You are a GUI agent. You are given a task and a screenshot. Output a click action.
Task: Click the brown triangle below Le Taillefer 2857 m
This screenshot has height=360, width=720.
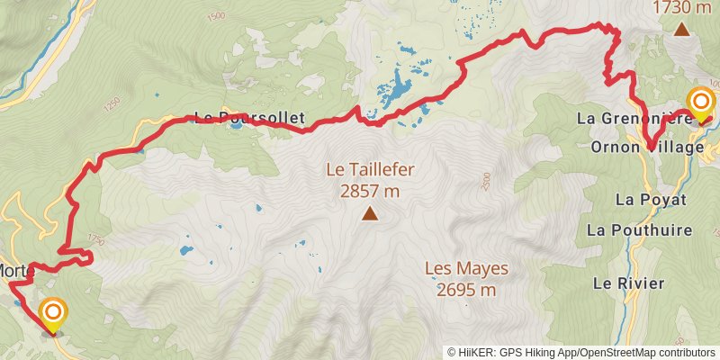coord(369,213)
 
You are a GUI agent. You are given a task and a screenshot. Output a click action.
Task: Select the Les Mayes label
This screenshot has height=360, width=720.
coord(466,268)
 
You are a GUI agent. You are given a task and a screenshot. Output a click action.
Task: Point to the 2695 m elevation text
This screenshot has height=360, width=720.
coord(466,290)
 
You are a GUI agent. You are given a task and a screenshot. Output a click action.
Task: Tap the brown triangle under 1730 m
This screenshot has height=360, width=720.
coord(682,29)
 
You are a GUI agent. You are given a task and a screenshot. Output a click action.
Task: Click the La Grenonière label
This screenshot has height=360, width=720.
coord(633,118)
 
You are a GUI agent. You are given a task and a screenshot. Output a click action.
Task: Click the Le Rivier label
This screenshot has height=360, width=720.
coord(628,283)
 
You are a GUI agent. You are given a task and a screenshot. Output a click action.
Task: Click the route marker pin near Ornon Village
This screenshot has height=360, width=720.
coord(699,103)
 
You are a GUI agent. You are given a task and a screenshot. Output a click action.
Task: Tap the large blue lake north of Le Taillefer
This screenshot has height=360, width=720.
coord(394,89)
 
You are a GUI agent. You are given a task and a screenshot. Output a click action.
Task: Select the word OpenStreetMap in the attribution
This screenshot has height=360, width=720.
coord(620,353)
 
